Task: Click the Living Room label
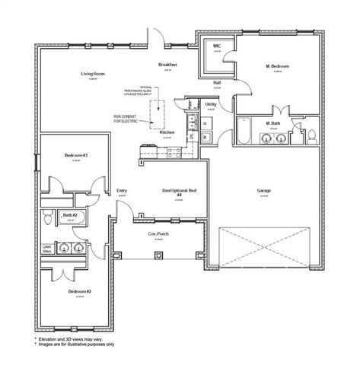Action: click(92, 74)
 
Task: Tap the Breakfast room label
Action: click(167, 65)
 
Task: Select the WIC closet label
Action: click(216, 46)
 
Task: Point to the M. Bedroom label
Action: click(278, 67)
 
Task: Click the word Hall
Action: click(217, 81)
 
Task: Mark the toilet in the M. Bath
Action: click(311, 137)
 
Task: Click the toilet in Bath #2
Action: click(47, 218)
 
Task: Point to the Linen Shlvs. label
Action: click(46, 248)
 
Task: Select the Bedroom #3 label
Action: click(76, 156)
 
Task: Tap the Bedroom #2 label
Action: click(79, 291)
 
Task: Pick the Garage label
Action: click(264, 191)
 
